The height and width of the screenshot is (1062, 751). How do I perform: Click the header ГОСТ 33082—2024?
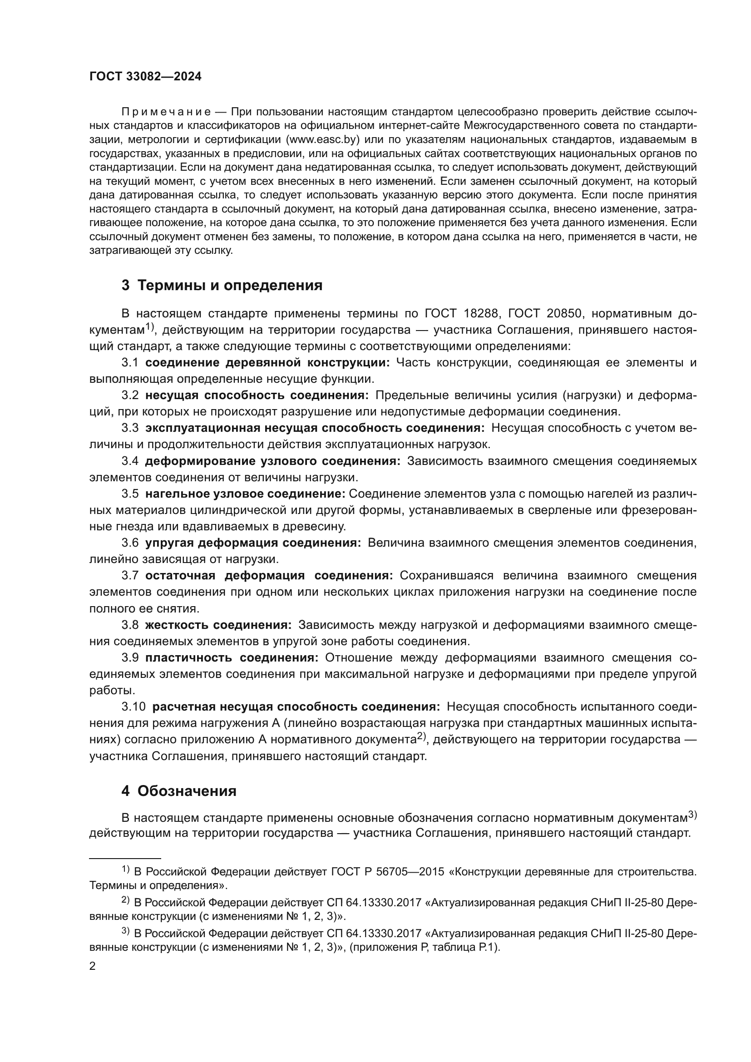145,77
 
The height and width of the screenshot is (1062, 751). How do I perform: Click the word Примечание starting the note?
166,112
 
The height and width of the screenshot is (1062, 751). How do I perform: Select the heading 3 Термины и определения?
222,286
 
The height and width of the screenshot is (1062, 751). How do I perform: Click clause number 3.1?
130,363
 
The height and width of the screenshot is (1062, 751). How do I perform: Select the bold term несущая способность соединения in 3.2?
257,395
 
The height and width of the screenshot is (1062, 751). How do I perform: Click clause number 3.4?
130,461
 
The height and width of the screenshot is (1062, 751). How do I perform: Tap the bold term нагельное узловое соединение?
245,494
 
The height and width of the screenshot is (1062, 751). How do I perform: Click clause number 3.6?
130,543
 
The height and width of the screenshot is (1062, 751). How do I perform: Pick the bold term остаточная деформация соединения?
269,576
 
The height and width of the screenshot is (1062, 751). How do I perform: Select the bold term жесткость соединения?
218,625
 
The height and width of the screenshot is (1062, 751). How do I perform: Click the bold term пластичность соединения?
231,658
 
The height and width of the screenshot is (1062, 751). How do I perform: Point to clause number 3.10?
133,707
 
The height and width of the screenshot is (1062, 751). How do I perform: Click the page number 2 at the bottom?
93,966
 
